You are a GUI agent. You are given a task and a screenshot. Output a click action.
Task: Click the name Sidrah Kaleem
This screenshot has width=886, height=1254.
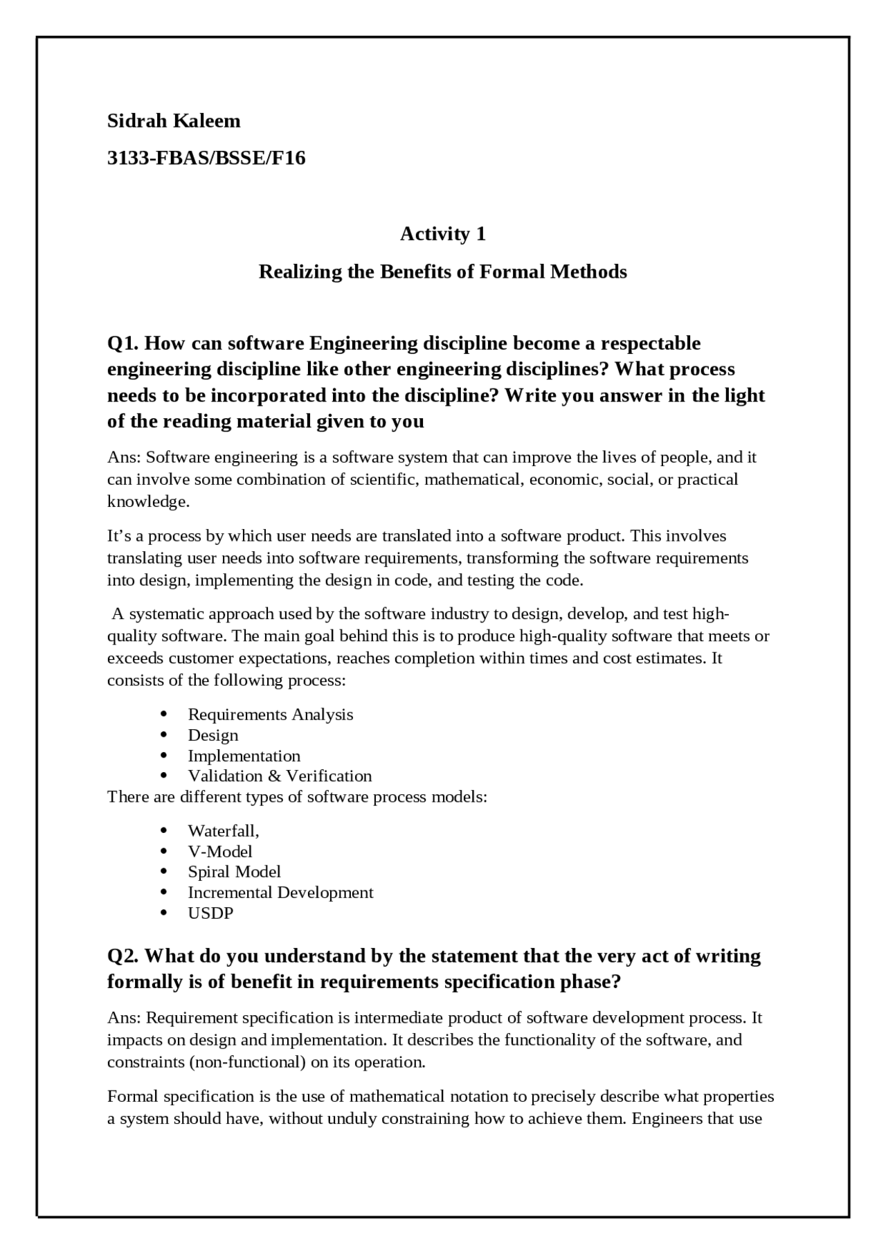174,120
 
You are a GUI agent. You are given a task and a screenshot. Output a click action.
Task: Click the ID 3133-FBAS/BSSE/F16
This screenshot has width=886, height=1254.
206,158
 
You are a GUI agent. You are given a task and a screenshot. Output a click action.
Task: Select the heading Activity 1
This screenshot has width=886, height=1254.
443,234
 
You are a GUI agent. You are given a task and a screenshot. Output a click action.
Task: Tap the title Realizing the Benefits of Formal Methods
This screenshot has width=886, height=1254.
443,271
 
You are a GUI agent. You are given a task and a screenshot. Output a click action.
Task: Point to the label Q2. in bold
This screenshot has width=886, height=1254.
123,956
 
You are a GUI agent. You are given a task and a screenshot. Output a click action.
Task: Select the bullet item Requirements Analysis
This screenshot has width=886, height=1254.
270,715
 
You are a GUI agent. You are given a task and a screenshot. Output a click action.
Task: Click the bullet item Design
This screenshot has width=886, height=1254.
213,735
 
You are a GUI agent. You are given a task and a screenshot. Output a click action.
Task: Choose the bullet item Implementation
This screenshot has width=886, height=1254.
244,756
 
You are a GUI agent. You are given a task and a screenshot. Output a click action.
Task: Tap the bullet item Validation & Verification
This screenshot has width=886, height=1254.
280,776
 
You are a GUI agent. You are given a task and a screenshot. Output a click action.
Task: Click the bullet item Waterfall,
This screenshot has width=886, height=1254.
224,831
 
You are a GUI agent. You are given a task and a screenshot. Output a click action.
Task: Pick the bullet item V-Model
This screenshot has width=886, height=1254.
220,852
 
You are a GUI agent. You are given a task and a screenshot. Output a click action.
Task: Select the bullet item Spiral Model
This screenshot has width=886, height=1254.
235,872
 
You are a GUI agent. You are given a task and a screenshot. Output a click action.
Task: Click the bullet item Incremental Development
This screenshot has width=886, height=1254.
280,893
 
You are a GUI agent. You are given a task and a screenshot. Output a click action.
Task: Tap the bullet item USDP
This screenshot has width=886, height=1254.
211,913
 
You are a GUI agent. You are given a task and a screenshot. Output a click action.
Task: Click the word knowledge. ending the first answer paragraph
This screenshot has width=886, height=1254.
148,501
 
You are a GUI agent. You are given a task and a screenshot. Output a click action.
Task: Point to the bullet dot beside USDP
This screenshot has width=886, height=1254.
164,913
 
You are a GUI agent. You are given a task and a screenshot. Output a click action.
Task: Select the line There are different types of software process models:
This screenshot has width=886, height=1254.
298,797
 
